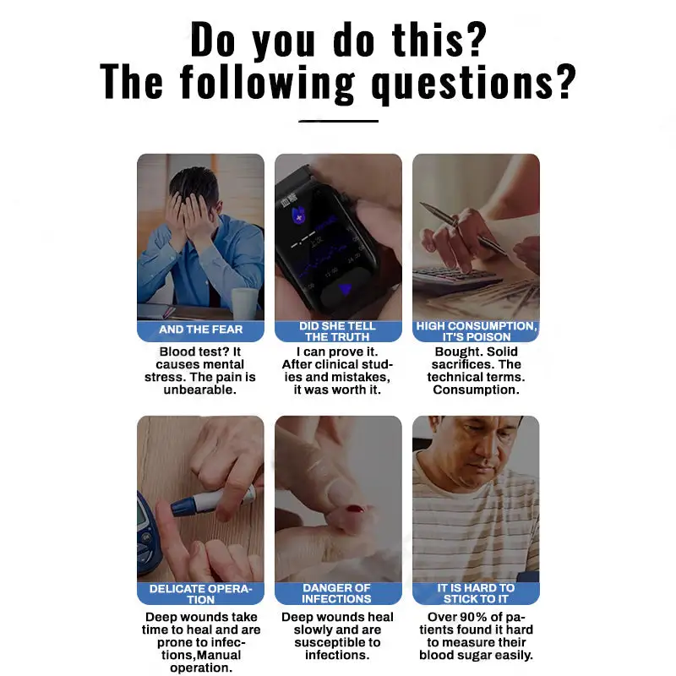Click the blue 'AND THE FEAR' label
pyautogui.click(x=200, y=330)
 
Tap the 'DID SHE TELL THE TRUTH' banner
pyautogui.click(x=337, y=330)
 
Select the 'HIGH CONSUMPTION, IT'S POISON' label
pyautogui.click(x=476, y=330)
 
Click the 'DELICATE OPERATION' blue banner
pyautogui.click(x=200, y=593)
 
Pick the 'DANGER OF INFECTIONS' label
pyautogui.click(x=337, y=593)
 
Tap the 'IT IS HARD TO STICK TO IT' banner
pyautogui.click(x=476, y=593)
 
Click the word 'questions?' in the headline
pyautogui.click(x=473, y=82)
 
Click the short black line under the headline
pyautogui.click(x=338, y=121)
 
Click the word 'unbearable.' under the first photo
pyautogui.click(x=200, y=390)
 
